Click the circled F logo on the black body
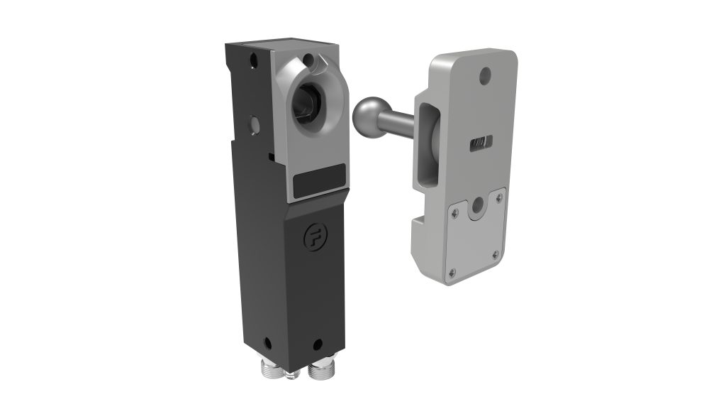click(x=310, y=237)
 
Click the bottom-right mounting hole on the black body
click(x=315, y=345)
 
